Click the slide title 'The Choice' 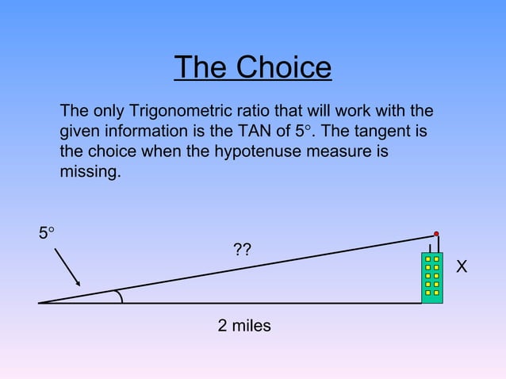[252, 67]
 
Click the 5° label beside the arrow [47, 233]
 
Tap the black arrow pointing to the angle [67, 266]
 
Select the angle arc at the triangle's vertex [120, 296]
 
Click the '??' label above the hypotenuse [243, 251]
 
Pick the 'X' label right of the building [462, 268]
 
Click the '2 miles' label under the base [244, 325]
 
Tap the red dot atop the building [436, 234]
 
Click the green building [432, 278]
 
